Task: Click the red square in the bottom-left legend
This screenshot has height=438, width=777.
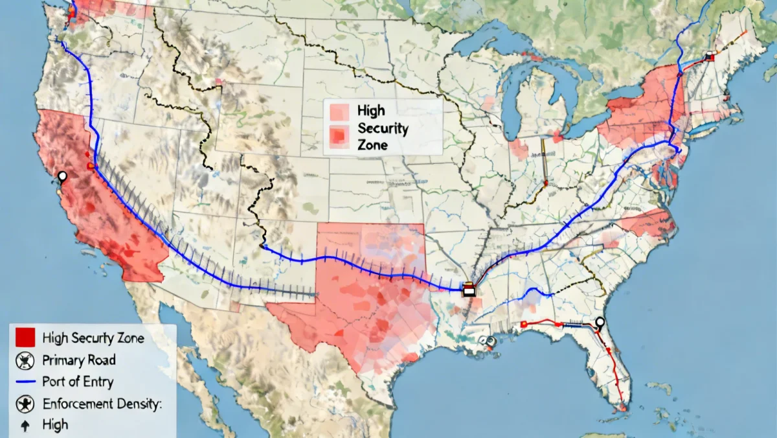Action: pos(25,337)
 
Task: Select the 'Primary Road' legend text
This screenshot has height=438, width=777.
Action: pos(78,360)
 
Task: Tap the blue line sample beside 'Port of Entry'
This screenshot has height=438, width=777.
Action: pos(24,382)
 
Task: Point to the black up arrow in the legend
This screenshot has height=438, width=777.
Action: pos(25,426)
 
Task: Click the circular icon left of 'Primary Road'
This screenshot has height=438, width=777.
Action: pos(24,360)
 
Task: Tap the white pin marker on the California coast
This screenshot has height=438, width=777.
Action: pos(62,176)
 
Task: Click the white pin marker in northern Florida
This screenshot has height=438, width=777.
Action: pos(600,323)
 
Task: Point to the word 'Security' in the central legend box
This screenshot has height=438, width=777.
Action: pos(382,128)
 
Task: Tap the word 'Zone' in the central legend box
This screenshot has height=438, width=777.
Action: pos(372,144)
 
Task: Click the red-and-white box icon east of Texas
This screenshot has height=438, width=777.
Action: pos(469,289)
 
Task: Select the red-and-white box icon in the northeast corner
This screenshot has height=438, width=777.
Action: pos(710,56)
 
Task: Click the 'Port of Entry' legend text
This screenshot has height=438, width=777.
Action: pos(78,382)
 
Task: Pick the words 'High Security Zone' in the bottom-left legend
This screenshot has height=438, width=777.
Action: pos(93,338)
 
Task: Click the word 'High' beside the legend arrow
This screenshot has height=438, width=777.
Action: pos(55,426)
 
